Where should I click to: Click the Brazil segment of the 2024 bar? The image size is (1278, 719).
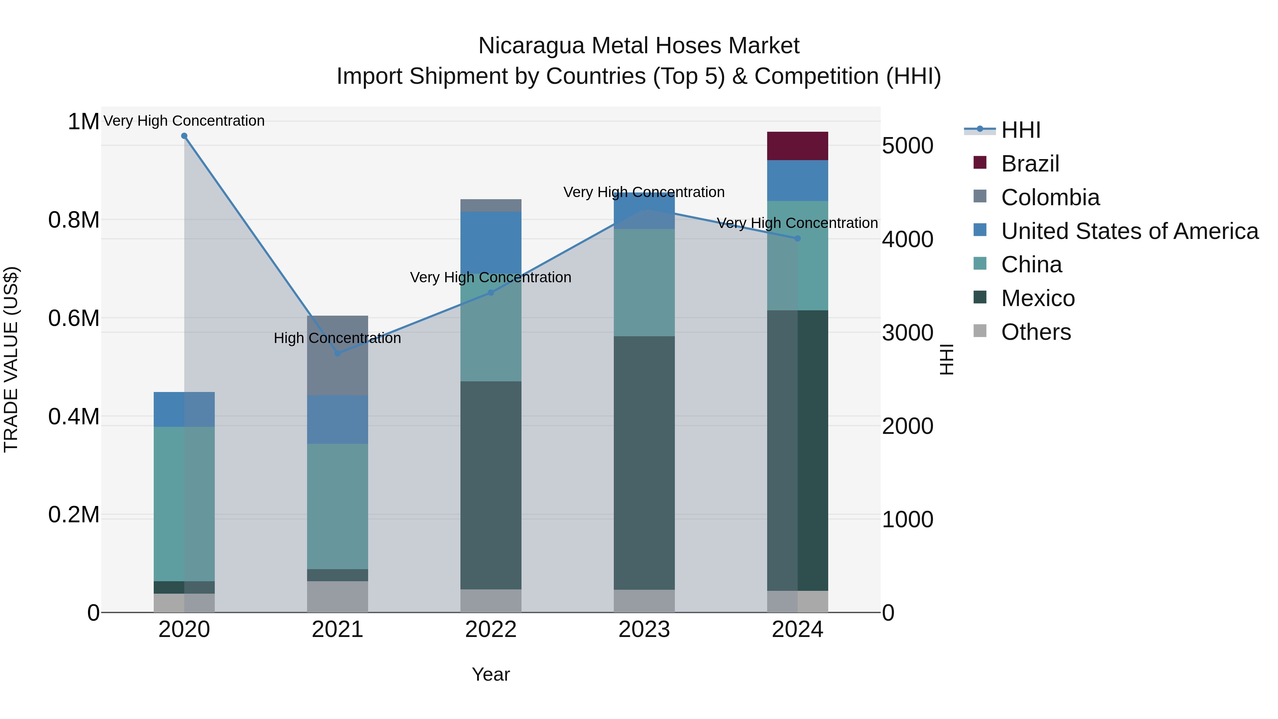(x=797, y=146)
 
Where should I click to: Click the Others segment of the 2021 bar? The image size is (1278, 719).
(x=337, y=597)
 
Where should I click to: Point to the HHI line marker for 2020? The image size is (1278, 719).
(x=184, y=136)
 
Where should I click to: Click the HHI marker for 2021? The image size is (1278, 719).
(x=337, y=353)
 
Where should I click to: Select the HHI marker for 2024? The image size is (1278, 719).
(x=797, y=238)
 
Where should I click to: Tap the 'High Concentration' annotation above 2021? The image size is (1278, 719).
(x=337, y=338)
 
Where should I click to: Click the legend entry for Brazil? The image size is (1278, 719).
(x=1030, y=164)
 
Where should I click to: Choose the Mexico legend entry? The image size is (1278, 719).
(x=1037, y=298)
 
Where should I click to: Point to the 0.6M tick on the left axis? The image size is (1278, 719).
(x=73, y=318)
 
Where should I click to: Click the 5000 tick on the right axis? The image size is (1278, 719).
(x=907, y=146)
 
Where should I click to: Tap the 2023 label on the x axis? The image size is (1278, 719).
(x=644, y=630)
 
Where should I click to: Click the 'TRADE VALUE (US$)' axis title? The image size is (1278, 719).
(x=11, y=359)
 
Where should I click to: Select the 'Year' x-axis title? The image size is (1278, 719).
(x=491, y=674)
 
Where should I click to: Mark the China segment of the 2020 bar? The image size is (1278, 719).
(x=184, y=503)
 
